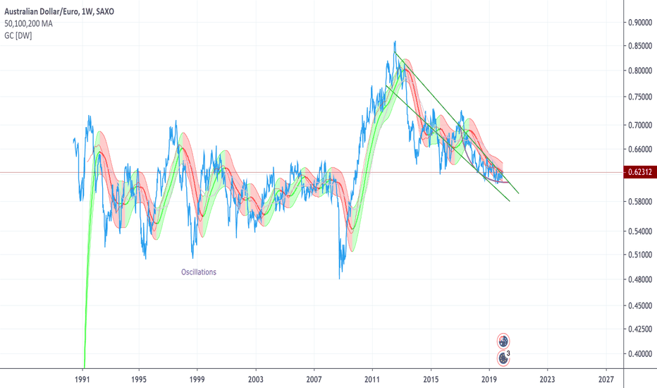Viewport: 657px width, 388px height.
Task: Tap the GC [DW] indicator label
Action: pos(18,35)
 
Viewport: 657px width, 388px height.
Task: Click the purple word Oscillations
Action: pos(199,272)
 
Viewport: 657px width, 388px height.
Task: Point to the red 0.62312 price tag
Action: pos(640,172)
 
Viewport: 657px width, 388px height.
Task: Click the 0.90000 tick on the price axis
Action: pos(640,22)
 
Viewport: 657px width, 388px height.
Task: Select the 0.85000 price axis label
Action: pos(640,46)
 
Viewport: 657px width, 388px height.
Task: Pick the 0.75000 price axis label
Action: pos(640,97)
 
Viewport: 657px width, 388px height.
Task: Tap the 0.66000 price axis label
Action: pos(640,150)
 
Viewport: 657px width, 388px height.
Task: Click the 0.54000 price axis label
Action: pos(640,231)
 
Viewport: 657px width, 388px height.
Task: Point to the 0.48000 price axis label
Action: pos(640,279)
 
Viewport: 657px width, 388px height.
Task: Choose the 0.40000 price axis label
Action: pos(640,354)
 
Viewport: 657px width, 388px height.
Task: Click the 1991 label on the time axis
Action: pos(84,378)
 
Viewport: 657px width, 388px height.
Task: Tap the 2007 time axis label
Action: pos(314,378)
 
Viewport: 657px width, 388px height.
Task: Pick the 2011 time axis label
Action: pos(373,378)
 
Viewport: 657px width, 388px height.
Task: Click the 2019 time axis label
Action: pos(489,378)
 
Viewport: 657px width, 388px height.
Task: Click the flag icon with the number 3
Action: pos(503,358)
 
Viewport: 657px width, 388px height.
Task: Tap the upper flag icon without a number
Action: pos(503,341)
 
